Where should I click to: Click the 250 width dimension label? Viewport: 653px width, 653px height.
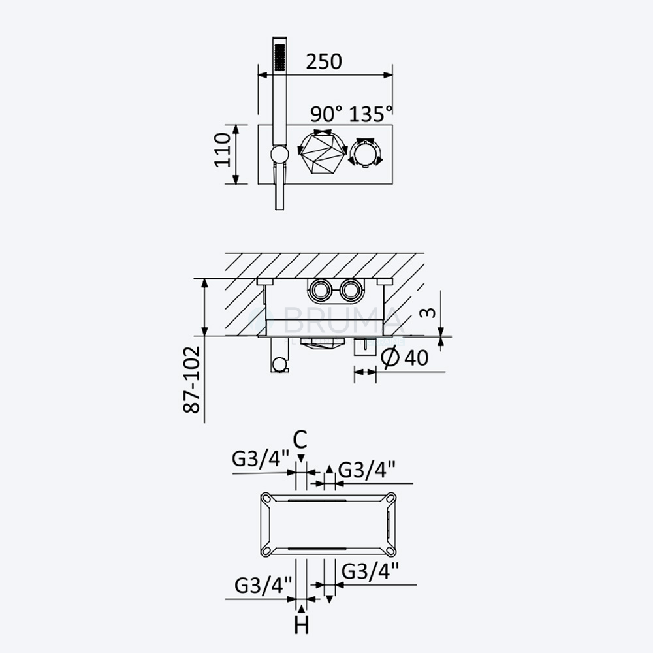click(324, 61)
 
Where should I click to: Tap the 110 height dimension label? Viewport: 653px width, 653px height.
click(223, 150)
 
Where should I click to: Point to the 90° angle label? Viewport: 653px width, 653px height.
click(326, 114)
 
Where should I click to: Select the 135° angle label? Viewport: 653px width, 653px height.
click(371, 114)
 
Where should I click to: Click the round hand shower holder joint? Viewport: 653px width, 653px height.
click(279, 154)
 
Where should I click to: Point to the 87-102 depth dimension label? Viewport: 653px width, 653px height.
click(192, 379)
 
